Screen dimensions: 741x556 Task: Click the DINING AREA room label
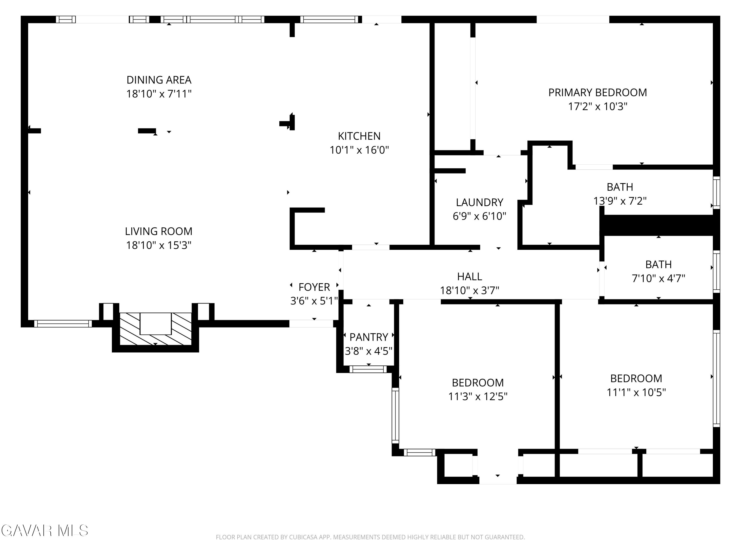pos(159,80)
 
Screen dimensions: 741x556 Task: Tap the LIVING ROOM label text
pos(159,231)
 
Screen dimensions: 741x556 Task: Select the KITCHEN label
pos(359,136)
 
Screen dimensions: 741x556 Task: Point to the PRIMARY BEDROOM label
pos(598,92)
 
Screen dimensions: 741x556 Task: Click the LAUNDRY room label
pos(479,202)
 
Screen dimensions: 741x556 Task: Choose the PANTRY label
pos(369,337)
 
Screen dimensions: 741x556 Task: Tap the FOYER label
pos(314,287)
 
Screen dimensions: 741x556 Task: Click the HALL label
pos(470,277)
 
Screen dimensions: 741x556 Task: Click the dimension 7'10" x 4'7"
pos(658,278)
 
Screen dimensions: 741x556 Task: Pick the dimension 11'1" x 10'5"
pos(636,392)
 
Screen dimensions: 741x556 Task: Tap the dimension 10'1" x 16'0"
pos(359,150)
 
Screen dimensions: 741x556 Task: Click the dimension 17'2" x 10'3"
pos(598,107)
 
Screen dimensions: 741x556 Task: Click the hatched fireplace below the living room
pos(155,329)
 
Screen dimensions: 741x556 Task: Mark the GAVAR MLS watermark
pos(44,531)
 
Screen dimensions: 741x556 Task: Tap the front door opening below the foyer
pos(311,324)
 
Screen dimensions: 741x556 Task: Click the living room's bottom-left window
pos(63,324)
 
